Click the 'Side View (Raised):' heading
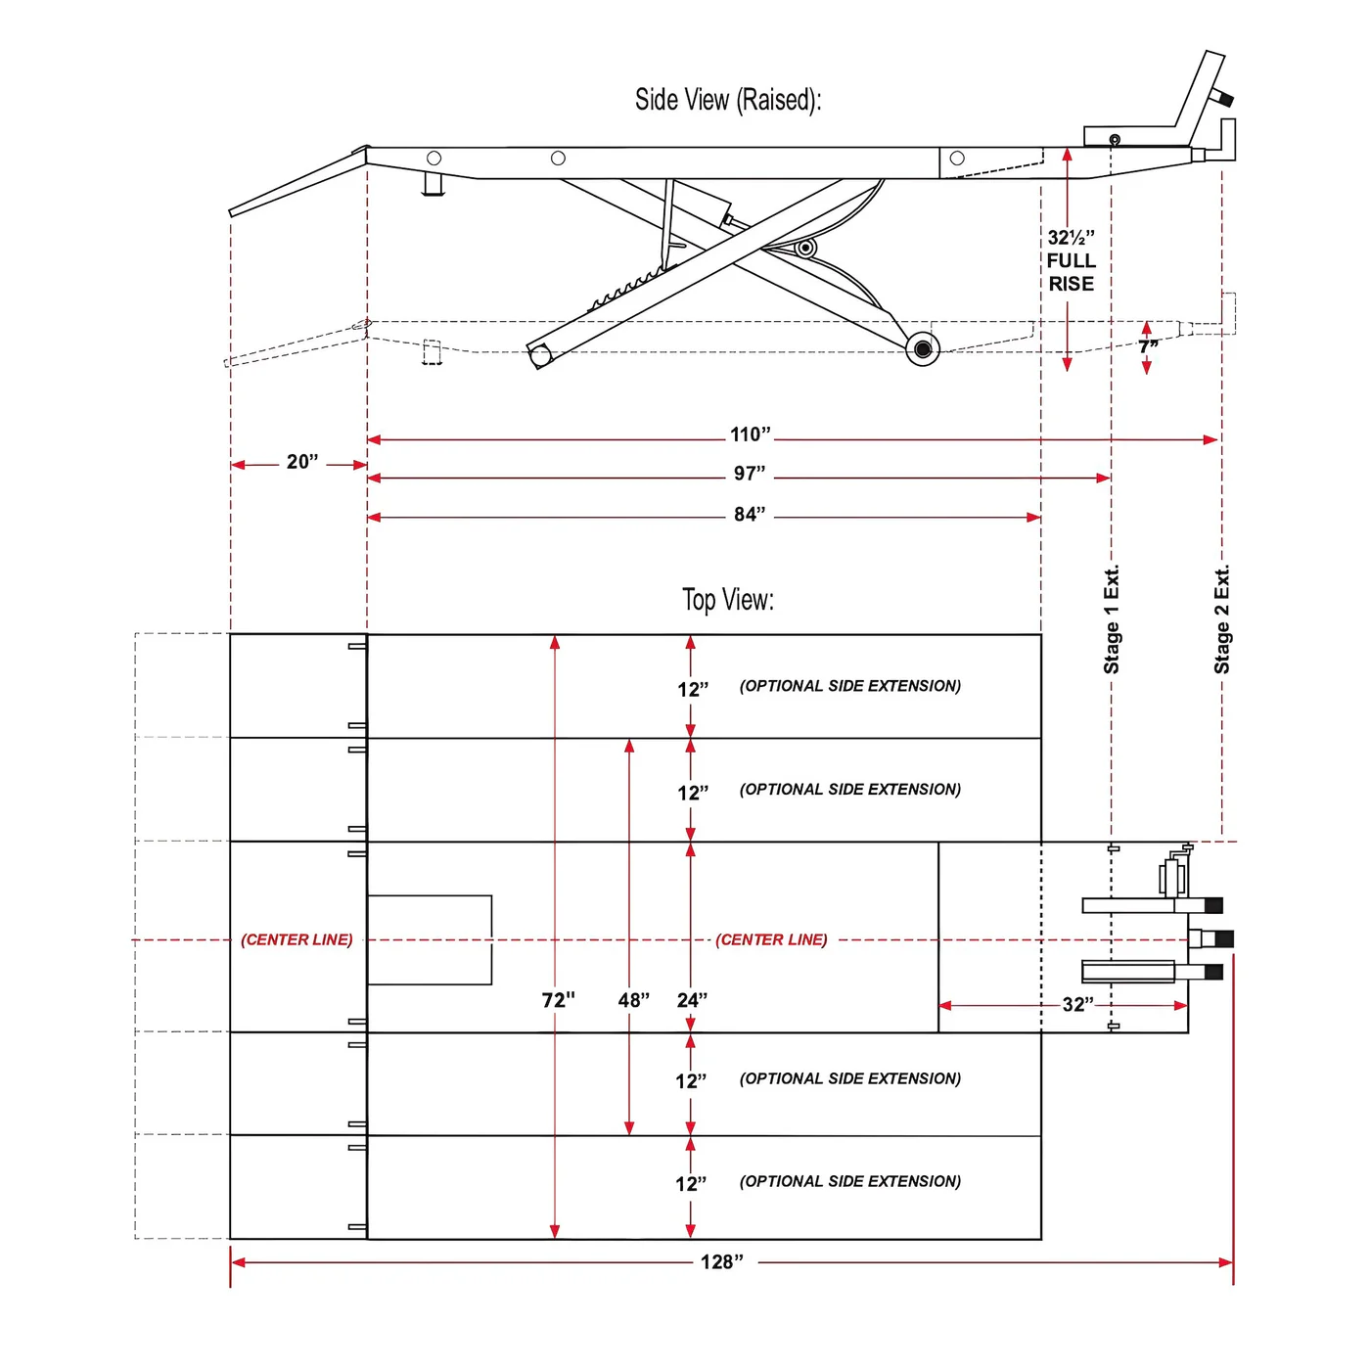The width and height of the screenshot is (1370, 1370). [x=727, y=100]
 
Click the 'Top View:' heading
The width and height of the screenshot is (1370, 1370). [x=727, y=600]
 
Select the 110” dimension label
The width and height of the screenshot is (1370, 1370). [x=750, y=434]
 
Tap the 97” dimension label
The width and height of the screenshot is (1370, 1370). [x=750, y=474]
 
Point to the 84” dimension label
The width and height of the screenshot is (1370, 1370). [x=750, y=515]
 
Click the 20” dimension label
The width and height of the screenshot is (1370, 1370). [x=302, y=462]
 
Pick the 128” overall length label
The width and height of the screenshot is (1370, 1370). [x=721, y=1262]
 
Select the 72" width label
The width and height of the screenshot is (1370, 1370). [x=558, y=1000]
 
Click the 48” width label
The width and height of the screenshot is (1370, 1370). [x=633, y=1000]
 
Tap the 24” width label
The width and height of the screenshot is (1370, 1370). [x=692, y=1000]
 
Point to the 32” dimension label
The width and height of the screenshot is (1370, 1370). [x=1077, y=1005]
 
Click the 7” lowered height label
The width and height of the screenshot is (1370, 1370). [x=1148, y=347]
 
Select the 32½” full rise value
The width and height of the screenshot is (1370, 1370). [x=1071, y=238]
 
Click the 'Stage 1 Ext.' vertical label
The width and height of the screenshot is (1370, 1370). [x=1112, y=619]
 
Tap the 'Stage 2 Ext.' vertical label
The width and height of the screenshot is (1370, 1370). [x=1221, y=619]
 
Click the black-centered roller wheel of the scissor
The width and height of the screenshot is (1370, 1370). [x=923, y=348]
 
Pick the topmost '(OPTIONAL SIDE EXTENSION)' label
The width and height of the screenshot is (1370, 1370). [x=850, y=686]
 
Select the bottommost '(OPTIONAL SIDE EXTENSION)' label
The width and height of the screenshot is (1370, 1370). [x=850, y=1181]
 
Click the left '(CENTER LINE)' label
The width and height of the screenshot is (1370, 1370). [x=297, y=939]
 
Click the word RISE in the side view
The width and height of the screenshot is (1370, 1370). [x=1071, y=284]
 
